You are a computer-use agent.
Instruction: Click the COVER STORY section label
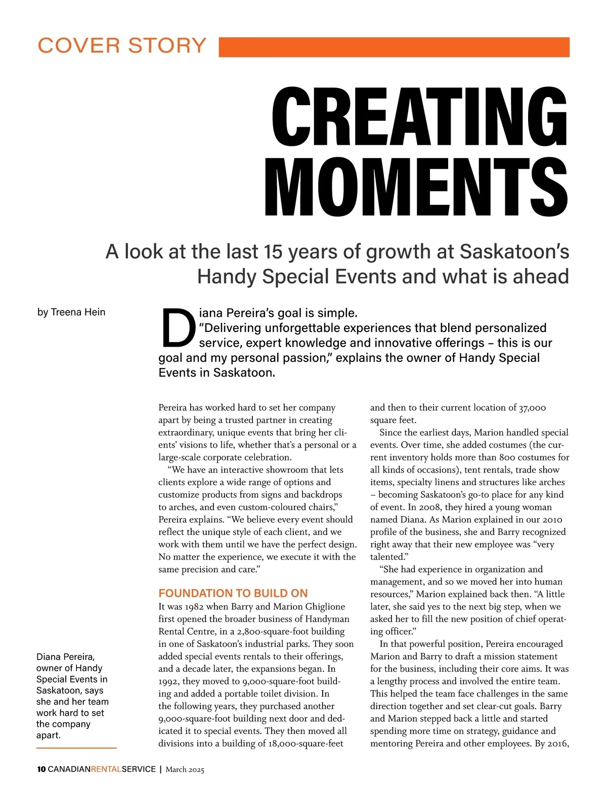coord(122,45)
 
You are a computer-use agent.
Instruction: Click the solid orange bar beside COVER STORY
coord(394,47)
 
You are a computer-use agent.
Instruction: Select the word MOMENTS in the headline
coord(416,187)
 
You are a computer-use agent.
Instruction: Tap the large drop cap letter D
coord(177,328)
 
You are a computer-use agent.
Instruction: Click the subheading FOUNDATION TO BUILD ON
coord(233,593)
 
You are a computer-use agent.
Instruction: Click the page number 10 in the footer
coord(41,769)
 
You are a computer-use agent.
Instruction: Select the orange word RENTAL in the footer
coord(106,769)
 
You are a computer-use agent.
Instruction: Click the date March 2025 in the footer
coord(185,770)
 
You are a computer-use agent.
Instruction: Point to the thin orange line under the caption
coord(76,748)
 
